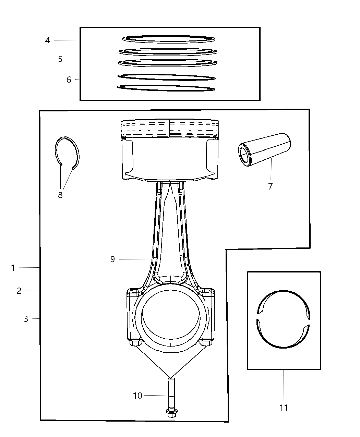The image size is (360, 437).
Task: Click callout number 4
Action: (48, 40)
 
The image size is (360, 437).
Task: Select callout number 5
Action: (60, 59)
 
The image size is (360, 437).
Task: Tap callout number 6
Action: (69, 80)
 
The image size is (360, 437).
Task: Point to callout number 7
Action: (270, 186)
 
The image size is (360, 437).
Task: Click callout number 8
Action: (60, 195)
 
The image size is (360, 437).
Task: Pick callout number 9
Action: (112, 259)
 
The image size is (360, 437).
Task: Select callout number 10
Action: (137, 396)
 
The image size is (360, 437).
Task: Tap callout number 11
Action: (284, 408)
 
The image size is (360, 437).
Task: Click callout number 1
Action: (13, 268)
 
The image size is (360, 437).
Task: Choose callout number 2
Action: (19, 291)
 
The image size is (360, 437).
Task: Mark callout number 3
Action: (26, 319)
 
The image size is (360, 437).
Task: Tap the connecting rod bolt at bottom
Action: (171, 398)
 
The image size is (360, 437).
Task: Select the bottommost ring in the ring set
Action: (166, 88)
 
